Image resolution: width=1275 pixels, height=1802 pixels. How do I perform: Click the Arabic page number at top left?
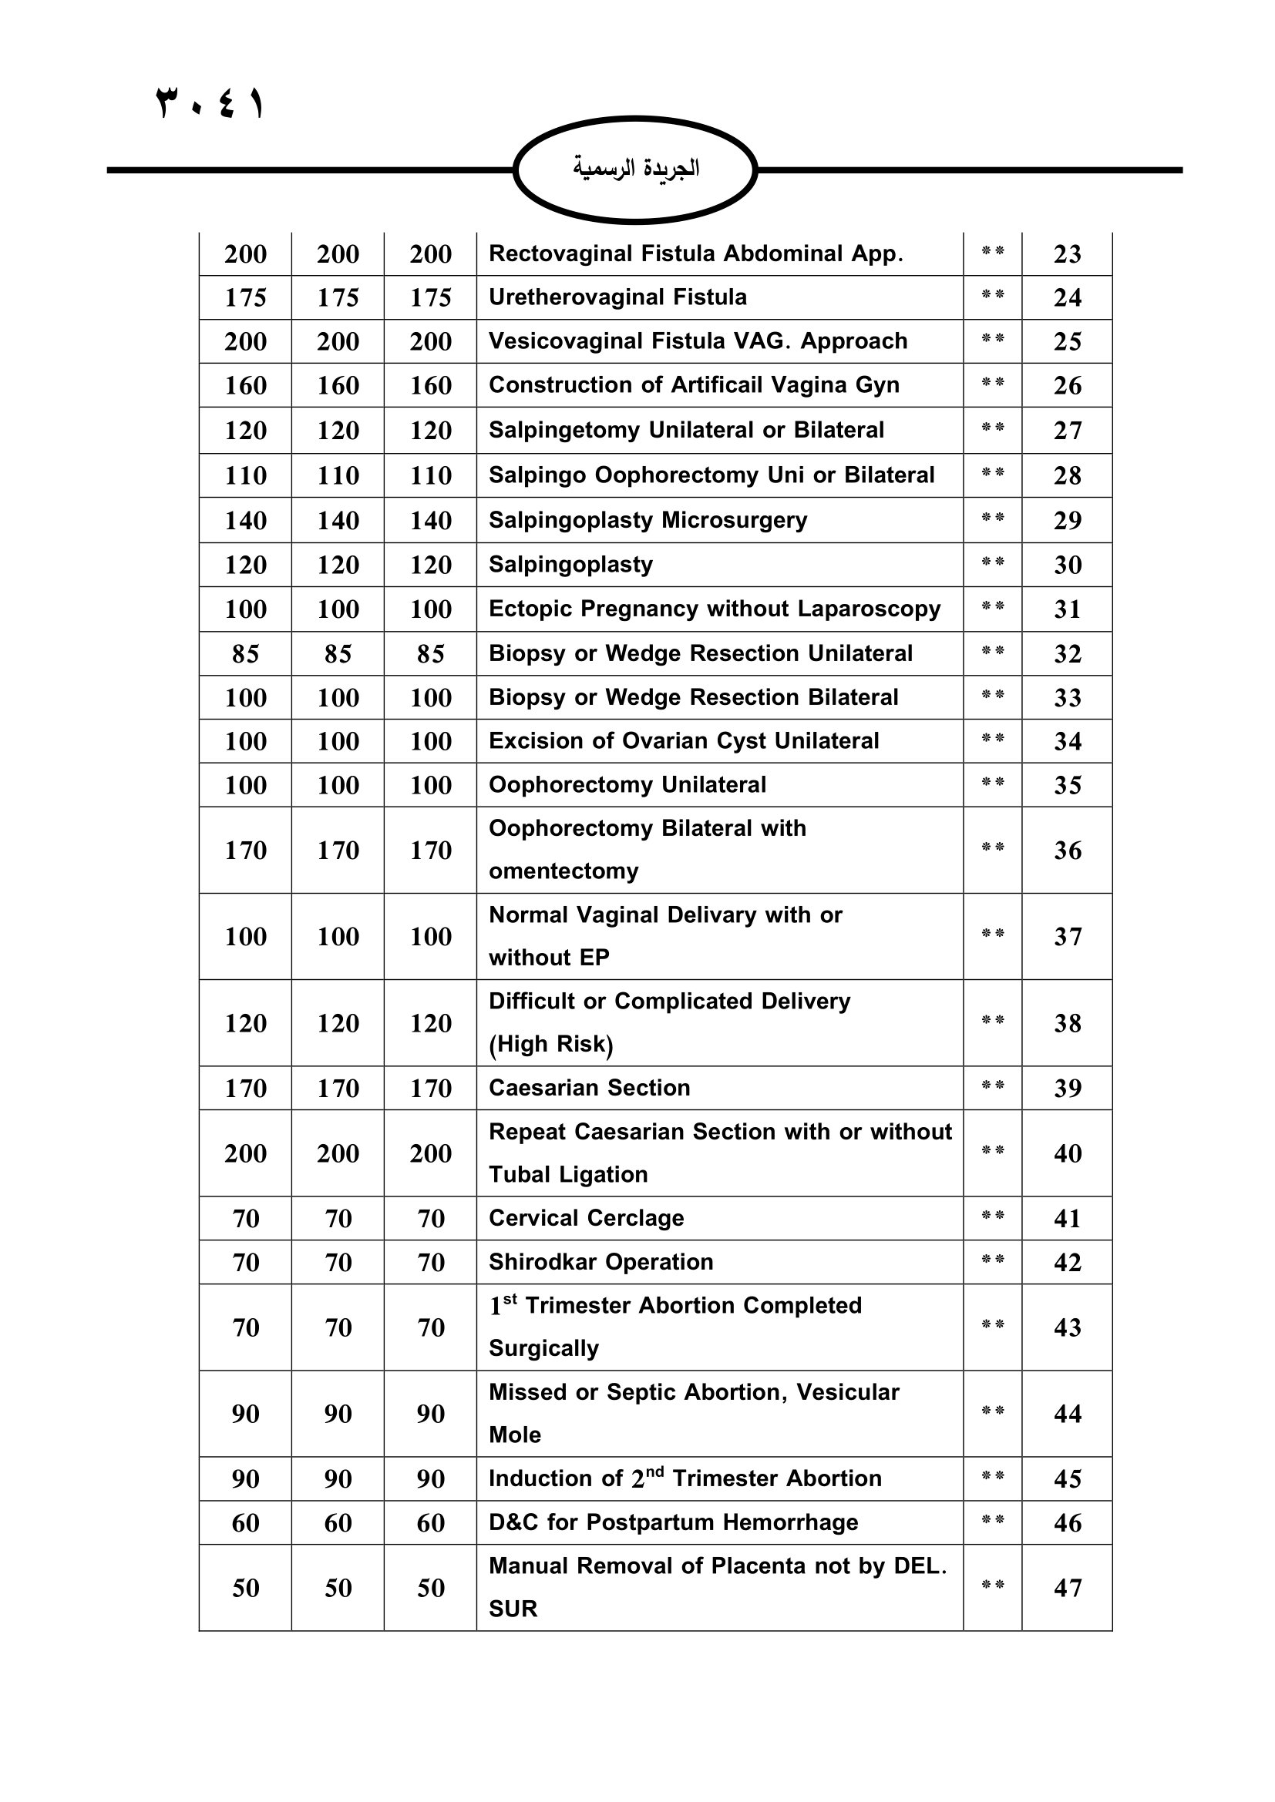click(210, 103)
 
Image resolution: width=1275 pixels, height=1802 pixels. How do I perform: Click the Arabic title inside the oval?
click(635, 168)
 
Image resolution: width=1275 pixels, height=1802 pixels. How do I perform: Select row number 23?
click(1067, 254)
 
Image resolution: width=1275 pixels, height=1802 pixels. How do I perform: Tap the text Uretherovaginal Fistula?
click(617, 297)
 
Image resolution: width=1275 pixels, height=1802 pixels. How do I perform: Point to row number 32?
click(1067, 654)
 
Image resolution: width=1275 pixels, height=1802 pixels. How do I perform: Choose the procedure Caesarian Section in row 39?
click(589, 1088)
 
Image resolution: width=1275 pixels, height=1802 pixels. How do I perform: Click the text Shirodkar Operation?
click(600, 1262)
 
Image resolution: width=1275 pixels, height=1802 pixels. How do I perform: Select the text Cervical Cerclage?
click(586, 1218)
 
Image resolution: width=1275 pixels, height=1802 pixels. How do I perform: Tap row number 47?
click(1067, 1588)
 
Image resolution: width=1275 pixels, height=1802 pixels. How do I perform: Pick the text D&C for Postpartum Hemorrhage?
click(673, 1522)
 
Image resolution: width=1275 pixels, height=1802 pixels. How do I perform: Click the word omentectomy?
click(563, 871)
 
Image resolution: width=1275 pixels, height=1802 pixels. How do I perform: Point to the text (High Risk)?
click(550, 1044)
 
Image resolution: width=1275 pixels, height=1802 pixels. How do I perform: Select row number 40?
click(1067, 1154)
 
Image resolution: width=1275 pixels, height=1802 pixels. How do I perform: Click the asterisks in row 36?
click(992, 847)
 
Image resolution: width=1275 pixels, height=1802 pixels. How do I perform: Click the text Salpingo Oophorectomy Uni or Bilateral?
click(712, 475)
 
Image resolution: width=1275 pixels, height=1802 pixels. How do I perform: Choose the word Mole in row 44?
click(514, 1435)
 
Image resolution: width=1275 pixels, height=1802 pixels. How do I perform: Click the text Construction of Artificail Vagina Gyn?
click(694, 385)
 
